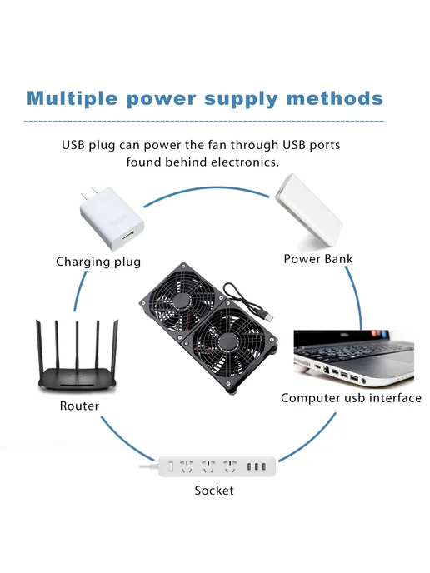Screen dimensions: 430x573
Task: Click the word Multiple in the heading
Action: click(72, 98)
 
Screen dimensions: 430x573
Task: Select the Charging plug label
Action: click(98, 262)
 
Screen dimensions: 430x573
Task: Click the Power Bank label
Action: click(318, 259)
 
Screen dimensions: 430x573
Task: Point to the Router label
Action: click(79, 406)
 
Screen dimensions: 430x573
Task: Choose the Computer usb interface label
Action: click(351, 397)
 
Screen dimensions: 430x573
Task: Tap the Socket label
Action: click(214, 490)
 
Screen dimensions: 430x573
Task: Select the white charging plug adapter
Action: click(112, 218)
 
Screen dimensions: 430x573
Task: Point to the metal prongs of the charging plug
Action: click(90, 194)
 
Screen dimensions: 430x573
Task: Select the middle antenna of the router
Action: click(77, 346)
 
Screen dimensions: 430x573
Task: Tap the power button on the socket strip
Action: click(171, 466)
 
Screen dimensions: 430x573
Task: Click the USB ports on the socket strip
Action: click(257, 466)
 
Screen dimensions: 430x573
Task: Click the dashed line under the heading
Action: click(204, 121)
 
